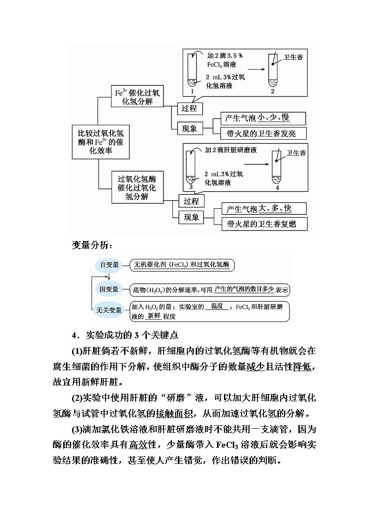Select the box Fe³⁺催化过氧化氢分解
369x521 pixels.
[x=137, y=96]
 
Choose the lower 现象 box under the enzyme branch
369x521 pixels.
[x=191, y=217]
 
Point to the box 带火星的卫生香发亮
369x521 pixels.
[x=260, y=134]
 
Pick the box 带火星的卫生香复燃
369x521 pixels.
[x=261, y=225]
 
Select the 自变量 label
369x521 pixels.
[x=110, y=265]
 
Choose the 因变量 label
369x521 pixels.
[x=109, y=289]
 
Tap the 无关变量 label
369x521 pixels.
[x=109, y=310]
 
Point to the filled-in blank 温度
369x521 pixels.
[x=217, y=306]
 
